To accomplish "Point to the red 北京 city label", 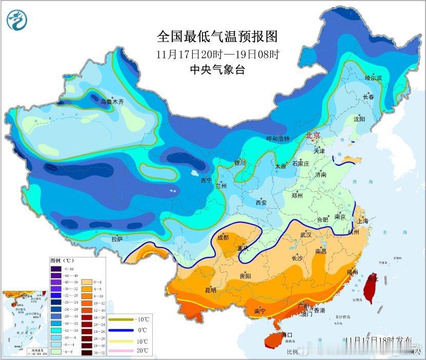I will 313,136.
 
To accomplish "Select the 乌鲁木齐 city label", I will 112,102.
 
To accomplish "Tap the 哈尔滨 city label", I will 373,77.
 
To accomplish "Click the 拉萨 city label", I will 117,238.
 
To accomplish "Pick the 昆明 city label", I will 211,290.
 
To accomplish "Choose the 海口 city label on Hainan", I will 287,335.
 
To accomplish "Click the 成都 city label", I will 223,237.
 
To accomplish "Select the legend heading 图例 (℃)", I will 62,261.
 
